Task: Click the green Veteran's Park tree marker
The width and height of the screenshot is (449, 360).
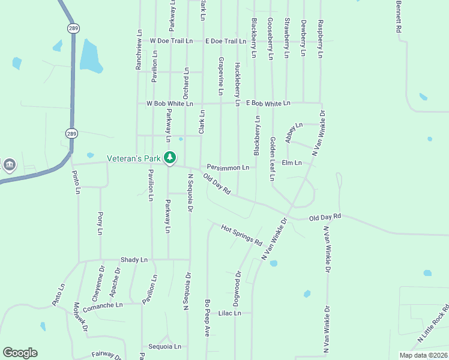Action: pyautogui.click(x=170, y=158)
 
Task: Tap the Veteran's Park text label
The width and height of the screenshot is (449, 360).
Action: pyautogui.click(x=134, y=158)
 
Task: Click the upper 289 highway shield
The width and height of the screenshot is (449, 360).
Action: pyautogui.click(x=73, y=28)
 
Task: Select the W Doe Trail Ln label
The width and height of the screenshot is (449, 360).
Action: pyautogui.click(x=171, y=41)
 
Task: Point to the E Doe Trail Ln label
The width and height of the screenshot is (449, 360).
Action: pyautogui.click(x=226, y=41)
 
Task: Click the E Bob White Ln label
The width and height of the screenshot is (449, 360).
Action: pyautogui.click(x=268, y=103)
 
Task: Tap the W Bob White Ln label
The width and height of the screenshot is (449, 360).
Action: pyautogui.click(x=170, y=103)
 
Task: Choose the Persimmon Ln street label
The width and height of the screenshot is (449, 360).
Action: pyautogui.click(x=228, y=167)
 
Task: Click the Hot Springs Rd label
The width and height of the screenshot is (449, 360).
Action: pyautogui.click(x=242, y=235)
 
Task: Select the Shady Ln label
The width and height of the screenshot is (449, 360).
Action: pyautogui.click(x=134, y=260)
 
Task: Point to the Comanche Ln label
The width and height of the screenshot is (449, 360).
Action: pyautogui.click(x=103, y=305)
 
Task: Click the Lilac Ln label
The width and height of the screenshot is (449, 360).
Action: pyautogui.click(x=229, y=313)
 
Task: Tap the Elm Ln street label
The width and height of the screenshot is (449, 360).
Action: pyautogui.click(x=291, y=163)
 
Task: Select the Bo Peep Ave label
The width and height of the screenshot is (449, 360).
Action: pyautogui.click(x=206, y=317)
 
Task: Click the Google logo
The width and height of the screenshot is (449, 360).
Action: pyautogui.click(x=20, y=353)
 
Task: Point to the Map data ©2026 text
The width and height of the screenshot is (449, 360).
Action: pyautogui.click(x=423, y=355)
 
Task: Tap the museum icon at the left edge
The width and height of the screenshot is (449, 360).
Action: pyautogui.click(x=9, y=164)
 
